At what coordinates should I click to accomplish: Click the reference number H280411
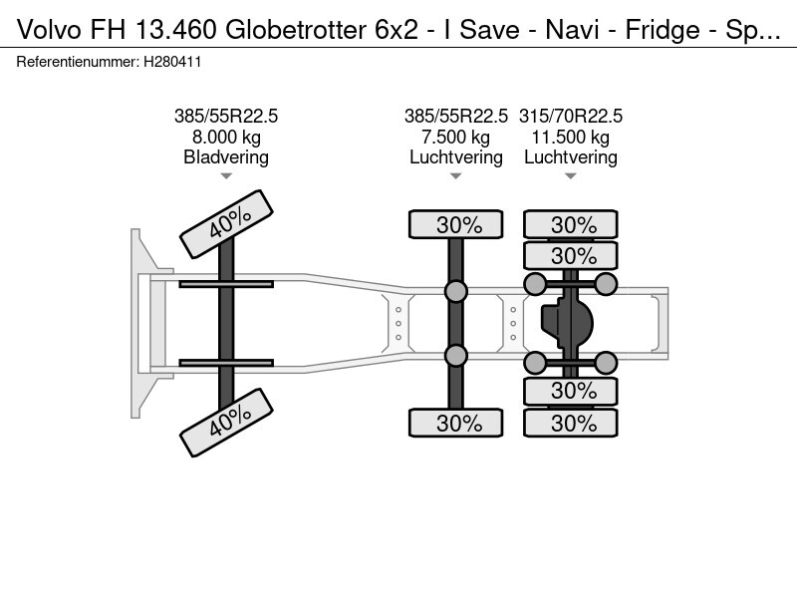click(172, 62)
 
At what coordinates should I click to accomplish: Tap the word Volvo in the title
click(49, 30)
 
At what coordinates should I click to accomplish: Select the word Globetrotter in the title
click(296, 30)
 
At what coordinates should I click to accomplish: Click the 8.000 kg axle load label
click(226, 137)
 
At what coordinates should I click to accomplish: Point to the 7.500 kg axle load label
click(456, 137)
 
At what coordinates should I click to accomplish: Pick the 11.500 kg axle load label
click(570, 137)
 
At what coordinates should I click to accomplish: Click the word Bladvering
click(226, 157)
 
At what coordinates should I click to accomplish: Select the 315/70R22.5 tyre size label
click(570, 116)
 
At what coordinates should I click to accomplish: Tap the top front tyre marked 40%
click(227, 224)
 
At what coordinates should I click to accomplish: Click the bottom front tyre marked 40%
click(227, 423)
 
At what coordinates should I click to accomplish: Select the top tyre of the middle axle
click(456, 224)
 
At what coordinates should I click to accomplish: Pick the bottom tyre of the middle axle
click(456, 423)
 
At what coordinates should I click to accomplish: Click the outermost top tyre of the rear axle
click(571, 224)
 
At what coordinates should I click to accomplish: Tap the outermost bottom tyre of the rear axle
click(571, 423)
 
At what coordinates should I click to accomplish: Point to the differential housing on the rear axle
click(567, 323)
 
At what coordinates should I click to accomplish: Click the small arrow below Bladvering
click(226, 176)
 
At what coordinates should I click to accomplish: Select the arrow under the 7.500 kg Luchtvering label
click(456, 176)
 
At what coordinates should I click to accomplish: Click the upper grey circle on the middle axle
click(456, 291)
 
